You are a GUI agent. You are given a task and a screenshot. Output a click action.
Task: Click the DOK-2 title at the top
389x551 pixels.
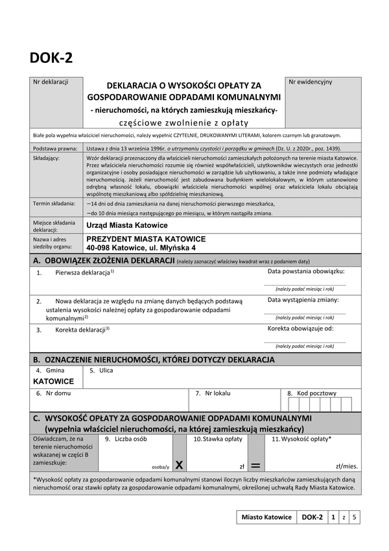tap(51, 58)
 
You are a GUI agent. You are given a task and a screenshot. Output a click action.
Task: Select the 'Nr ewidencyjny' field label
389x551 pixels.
tap(311, 82)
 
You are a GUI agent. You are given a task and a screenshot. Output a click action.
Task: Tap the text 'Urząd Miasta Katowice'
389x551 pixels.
tap(126, 225)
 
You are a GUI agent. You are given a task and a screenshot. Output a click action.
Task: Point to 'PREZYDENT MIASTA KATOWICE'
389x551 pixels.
tap(146, 239)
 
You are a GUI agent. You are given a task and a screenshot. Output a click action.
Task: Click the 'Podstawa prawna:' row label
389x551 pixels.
tap(56, 148)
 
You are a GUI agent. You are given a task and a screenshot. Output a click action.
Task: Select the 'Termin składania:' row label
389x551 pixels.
tap(56, 203)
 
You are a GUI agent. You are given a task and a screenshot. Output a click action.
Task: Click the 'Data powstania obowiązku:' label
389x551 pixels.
tap(306, 271)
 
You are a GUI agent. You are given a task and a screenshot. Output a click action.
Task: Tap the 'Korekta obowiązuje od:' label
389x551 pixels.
tap(301, 328)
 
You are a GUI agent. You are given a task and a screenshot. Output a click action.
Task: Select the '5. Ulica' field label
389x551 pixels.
tap(101, 370)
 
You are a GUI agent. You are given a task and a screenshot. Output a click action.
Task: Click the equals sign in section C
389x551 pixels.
tap(255, 465)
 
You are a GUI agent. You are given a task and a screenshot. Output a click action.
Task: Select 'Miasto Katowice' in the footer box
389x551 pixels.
tap(266, 517)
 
